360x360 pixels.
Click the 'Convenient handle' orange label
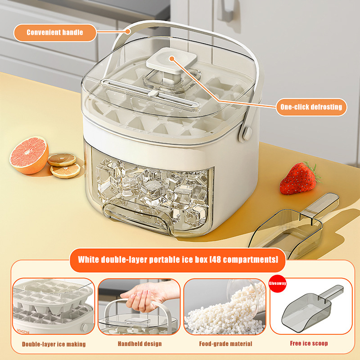pyautogui.click(x=55, y=32)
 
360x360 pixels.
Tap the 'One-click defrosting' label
pyautogui.click(x=311, y=107)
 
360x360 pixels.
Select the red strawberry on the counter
pyautogui.click(x=298, y=179)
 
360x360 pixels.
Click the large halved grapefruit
pyautogui.click(x=29, y=154)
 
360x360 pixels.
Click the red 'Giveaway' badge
pyautogui.click(x=277, y=283)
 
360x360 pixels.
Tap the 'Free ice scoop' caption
pyautogui.click(x=309, y=344)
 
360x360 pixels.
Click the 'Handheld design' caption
pyautogui.click(x=139, y=344)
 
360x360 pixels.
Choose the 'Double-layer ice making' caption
pyautogui.click(x=54, y=344)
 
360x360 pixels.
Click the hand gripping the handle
pyautogui.click(x=143, y=297)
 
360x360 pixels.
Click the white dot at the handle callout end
pyautogui.click(x=129, y=31)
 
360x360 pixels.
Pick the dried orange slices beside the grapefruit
pyautogui.click(x=64, y=165)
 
